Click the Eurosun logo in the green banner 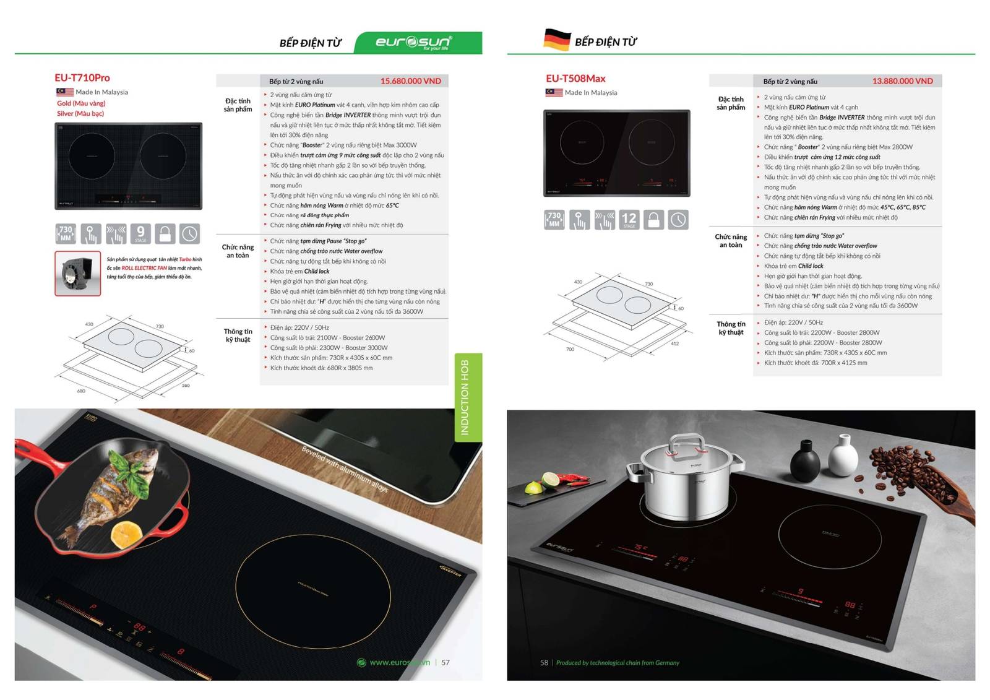[413, 42]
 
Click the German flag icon [556, 40]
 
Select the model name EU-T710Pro [82, 78]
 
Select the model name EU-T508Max [575, 79]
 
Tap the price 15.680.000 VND [410, 81]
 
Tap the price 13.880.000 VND [902, 81]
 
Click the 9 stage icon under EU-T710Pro [140, 233]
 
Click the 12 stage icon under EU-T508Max [629, 220]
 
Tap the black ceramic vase [805, 459]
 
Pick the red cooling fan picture [77, 273]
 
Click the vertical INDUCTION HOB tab [468, 397]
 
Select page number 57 [445, 662]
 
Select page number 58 [544, 662]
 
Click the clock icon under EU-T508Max [678, 220]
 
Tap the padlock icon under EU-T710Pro [165, 233]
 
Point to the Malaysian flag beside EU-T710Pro [64, 92]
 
